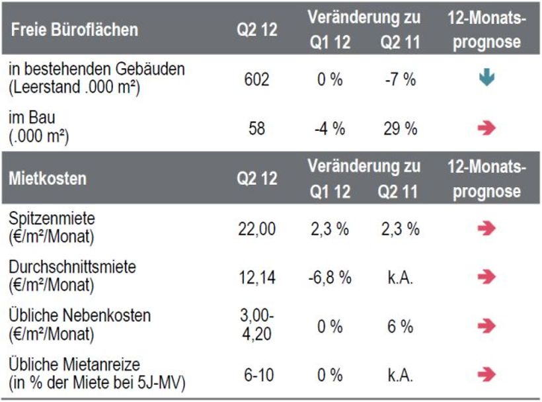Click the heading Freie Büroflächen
(74, 30)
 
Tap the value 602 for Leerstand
(256, 79)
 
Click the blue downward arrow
(486, 79)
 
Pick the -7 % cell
(401, 79)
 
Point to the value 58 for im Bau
(256, 128)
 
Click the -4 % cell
(329, 128)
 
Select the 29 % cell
(401, 128)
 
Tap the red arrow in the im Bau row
(486, 128)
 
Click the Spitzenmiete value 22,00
(256, 229)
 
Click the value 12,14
(256, 277)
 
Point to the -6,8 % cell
(329, 277)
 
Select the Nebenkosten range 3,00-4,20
(256, 325)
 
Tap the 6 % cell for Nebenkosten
(401, 325)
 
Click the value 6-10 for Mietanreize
(256, 375)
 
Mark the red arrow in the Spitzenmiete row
(486, 229)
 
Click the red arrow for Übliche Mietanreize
(486, 375)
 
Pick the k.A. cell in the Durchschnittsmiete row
(401, 277)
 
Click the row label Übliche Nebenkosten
(80, 315)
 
